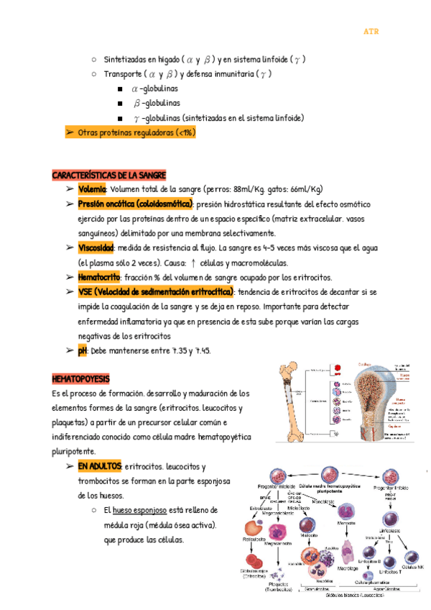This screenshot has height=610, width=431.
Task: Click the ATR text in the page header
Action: click(x=371, y=32)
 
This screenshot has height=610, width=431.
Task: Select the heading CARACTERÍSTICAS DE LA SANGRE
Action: click(x=109, y=176)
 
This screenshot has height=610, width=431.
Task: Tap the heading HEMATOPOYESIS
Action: click(x=81, y=378)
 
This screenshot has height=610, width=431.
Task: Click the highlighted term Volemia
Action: click(x=91, y=189)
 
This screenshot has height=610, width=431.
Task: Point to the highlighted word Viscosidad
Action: click(x=96, y=247)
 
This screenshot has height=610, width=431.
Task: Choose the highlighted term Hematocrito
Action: click(x=99, y=277)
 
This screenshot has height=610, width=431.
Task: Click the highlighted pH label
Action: click(x=83, y=351)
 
